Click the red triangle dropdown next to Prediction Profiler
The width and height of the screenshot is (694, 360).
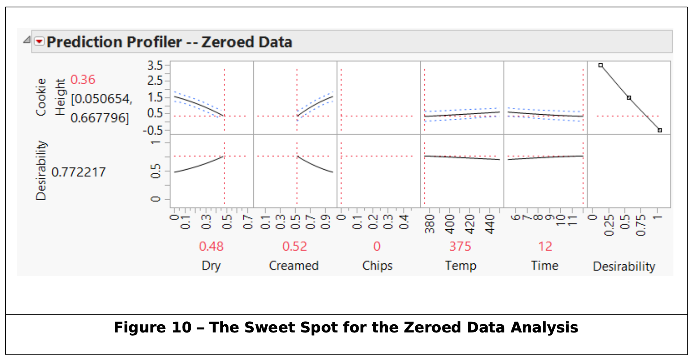pos(39,42)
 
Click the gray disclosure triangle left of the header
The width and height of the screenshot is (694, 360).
pos(27,40)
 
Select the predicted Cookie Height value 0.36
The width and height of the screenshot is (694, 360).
pos(83,79)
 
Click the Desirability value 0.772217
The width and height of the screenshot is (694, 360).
pos(79,172)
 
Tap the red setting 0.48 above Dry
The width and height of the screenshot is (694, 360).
pos(211,246)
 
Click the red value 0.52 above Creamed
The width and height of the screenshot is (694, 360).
pos(294,246)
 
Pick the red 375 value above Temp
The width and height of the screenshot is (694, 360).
pos(460,246)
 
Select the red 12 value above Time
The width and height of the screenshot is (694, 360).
pos(545,246)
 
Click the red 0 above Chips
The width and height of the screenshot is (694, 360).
pos(377,246)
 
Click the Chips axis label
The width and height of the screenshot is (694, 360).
pos(377,265)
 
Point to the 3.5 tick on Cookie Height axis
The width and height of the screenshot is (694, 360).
pos(155,65)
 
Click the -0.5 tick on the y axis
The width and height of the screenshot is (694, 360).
pos(153,130)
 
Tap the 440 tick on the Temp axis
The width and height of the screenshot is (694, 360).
pos(490,224)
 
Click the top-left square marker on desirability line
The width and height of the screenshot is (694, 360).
pos(601,65)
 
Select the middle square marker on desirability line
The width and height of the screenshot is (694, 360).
pos(629,98)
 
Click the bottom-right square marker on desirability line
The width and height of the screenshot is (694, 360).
pos(660,130)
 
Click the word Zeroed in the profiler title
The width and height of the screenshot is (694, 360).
pos(227,42)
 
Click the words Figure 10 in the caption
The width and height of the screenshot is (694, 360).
pos(153,328)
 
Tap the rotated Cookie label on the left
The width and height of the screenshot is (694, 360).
pos(41,97)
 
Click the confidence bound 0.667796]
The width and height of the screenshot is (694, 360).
pos(99,118)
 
